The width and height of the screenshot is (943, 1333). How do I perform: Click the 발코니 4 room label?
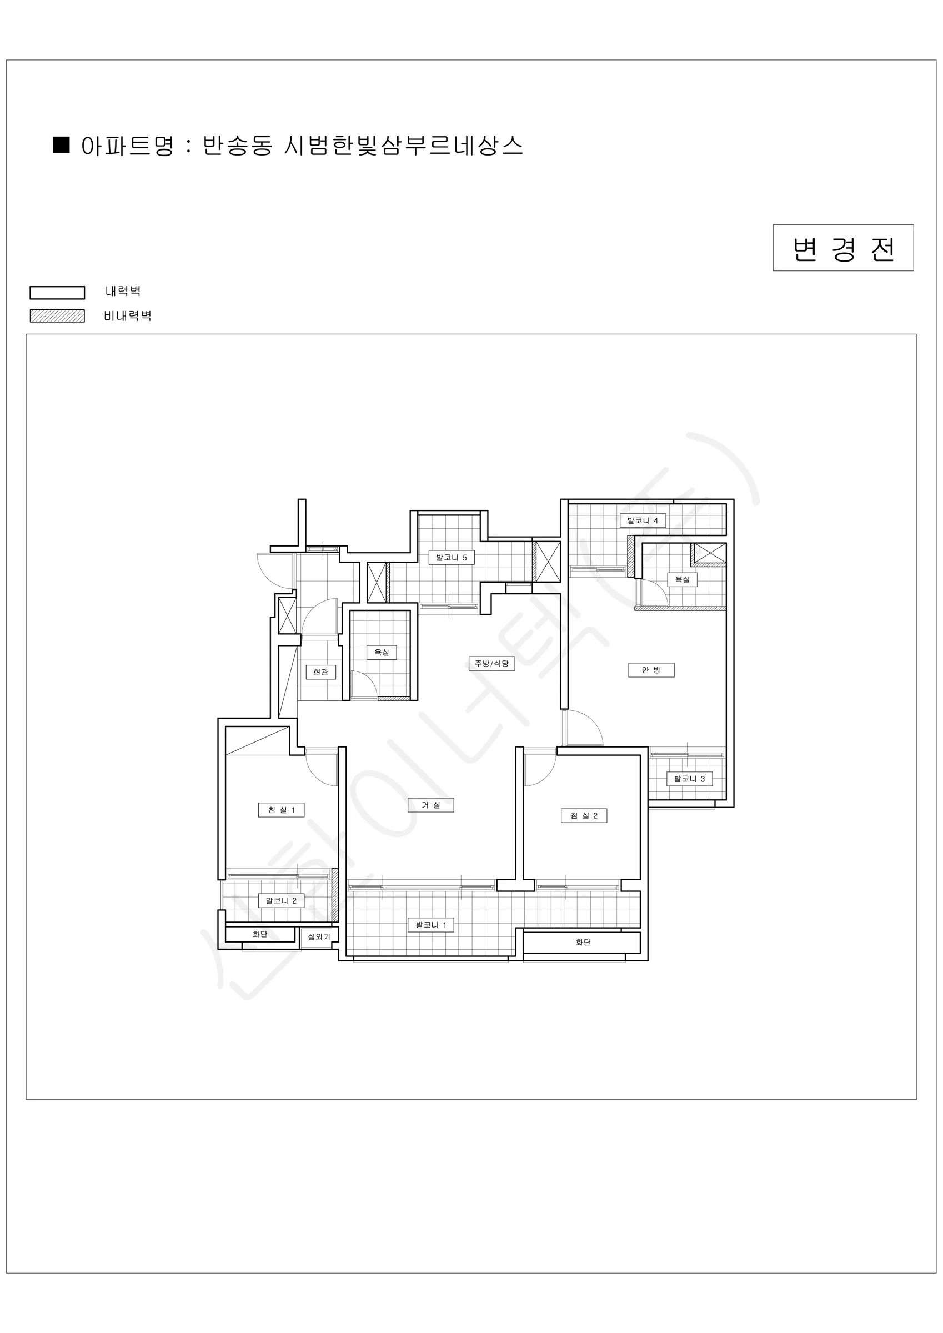point(642,521)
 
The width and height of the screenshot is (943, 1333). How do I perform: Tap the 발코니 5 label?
point(451,557)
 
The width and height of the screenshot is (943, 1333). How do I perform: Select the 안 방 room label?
point(651,670)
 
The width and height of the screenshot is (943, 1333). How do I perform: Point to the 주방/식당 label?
point(492,663)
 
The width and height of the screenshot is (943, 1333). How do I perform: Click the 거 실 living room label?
point(431,805)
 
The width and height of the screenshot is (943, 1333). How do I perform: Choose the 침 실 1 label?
point(281,810)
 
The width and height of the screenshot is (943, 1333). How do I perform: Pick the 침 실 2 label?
point(584,816)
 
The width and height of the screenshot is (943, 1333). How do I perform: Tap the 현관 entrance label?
point(320,671)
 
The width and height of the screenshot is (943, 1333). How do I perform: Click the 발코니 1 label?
point(431,925)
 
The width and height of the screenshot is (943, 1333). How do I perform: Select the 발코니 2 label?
point(281,900)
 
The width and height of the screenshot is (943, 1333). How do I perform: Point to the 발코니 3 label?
point(689,779)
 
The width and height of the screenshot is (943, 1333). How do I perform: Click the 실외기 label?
point(319,937)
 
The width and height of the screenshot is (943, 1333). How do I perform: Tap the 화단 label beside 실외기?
point(259,934)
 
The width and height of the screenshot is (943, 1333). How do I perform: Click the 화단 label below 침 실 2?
point(583,943)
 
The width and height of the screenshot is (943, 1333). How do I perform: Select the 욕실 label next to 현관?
point(382,652)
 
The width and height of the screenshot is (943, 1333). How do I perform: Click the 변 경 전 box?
point(843,248)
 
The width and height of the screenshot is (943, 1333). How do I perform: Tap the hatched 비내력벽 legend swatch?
point(58,316)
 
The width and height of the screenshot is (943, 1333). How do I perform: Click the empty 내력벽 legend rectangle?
point(58,293)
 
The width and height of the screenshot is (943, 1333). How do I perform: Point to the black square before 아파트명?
point(62,144)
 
